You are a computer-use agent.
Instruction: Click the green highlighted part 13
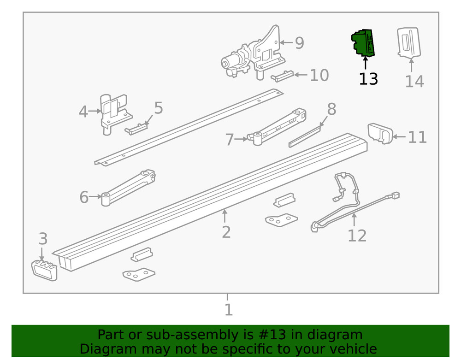coord(363,43)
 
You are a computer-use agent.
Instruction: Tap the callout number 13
coord(368,79)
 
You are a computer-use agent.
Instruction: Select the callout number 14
coord(414,82)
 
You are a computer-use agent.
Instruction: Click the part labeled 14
coord(408,42)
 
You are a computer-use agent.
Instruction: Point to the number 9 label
coord(299,43)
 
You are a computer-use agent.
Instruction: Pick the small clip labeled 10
coord(282,75)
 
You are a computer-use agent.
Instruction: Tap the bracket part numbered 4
coord(113,113)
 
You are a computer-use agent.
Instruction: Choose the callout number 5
coord(158,108)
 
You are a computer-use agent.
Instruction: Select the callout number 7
coord(230,139)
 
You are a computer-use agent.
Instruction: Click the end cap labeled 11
coord(379,133)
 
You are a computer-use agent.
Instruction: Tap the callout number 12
coord(356,236)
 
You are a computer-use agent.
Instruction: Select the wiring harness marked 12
coord(350,203)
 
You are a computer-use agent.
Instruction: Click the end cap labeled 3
coord(44,270)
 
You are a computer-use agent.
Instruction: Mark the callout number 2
coord(226,232)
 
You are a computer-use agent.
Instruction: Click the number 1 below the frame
coord(229,310)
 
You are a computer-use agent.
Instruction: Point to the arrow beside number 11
coord(399,137)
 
